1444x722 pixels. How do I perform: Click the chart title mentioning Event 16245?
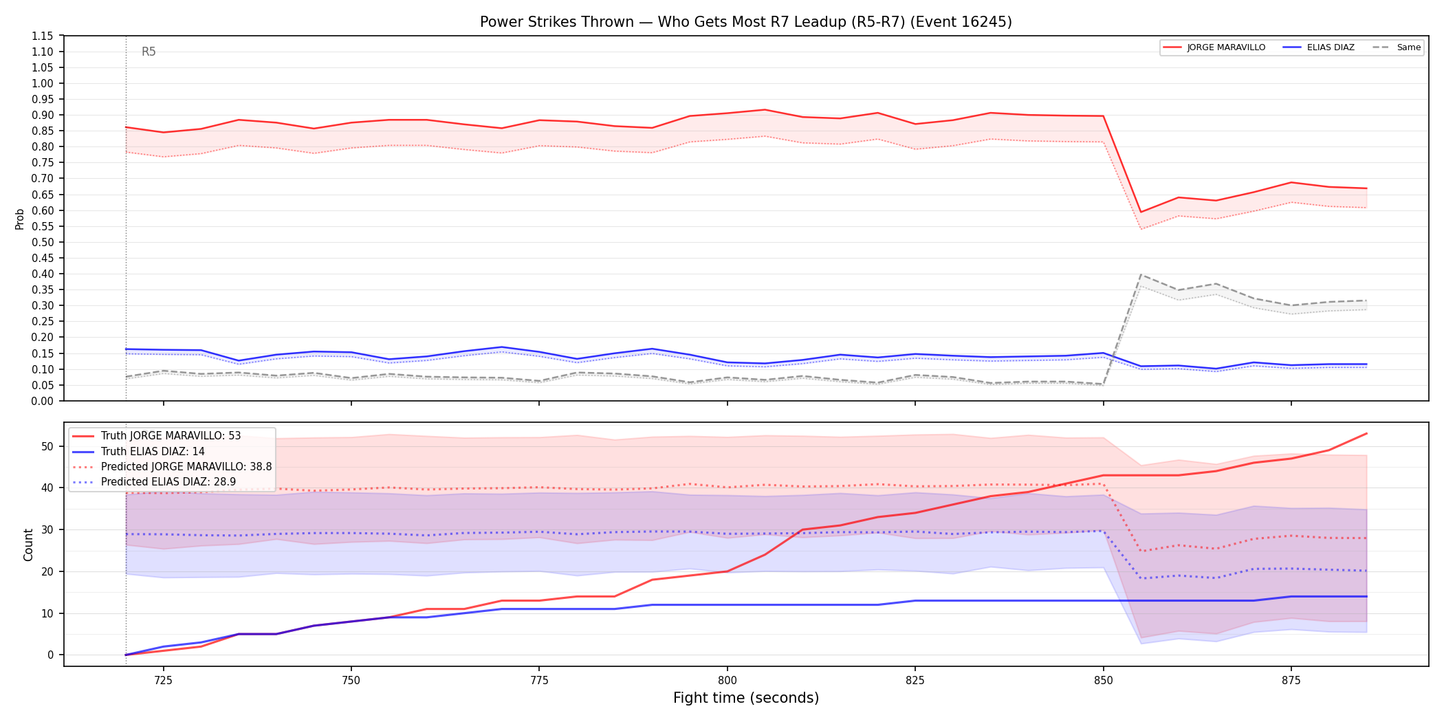[746, 22]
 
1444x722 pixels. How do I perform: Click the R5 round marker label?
[149, 52]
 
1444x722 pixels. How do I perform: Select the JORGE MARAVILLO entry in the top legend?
[1214, 47]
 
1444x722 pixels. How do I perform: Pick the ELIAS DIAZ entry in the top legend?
[1319, 47]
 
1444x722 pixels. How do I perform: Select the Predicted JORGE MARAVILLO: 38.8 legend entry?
[172, 467]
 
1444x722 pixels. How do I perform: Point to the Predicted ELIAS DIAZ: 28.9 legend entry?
[154, 482]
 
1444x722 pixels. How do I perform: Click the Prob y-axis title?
[20, 219]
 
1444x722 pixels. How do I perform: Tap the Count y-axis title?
[28, 545]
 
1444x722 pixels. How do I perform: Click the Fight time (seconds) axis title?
[746, 698]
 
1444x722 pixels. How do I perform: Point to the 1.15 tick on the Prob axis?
[43, 36]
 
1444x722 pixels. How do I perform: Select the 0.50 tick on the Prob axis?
[43, 242]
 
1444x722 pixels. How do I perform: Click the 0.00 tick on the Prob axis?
[43, 401]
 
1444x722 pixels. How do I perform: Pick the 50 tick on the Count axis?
[47, 446]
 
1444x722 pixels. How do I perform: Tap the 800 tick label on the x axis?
[727, 681]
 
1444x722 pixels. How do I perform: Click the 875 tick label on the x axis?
[1291, 681]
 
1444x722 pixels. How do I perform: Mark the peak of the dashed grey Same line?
[1141, 274]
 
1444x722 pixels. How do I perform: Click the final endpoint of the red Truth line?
[1366, 433]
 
